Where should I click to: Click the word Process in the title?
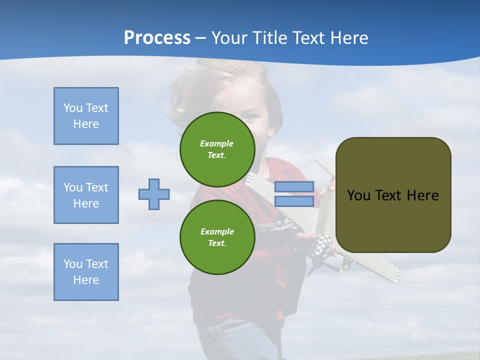pyautogui.click(x=157, y=38)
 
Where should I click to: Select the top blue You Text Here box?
pyautogui.click(x=86, y=116)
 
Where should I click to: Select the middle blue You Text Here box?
pyautogui.click(x=86, y=195)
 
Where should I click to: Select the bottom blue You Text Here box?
pyautogui.click(x=86, y=272)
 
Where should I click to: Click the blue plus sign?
pyautogui.click(x=154, y=194)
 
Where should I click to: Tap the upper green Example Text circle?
pyautogui.click(x=217, y=149)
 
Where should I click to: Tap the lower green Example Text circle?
pyautogui.click(x=217, y=237)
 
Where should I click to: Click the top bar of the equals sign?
pyautogui.click(x=294, y=187)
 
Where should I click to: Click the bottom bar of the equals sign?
pyautogui.click(x=294, y=201)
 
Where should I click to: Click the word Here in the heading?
pyautogui.click(x=348, y=38)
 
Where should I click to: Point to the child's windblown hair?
pyautogui.click(x=190, y=95)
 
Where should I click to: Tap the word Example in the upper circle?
pyautogui.click(x=217, y=143)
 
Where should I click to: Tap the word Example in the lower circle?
pyautogui.click(x=217, y=231)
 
